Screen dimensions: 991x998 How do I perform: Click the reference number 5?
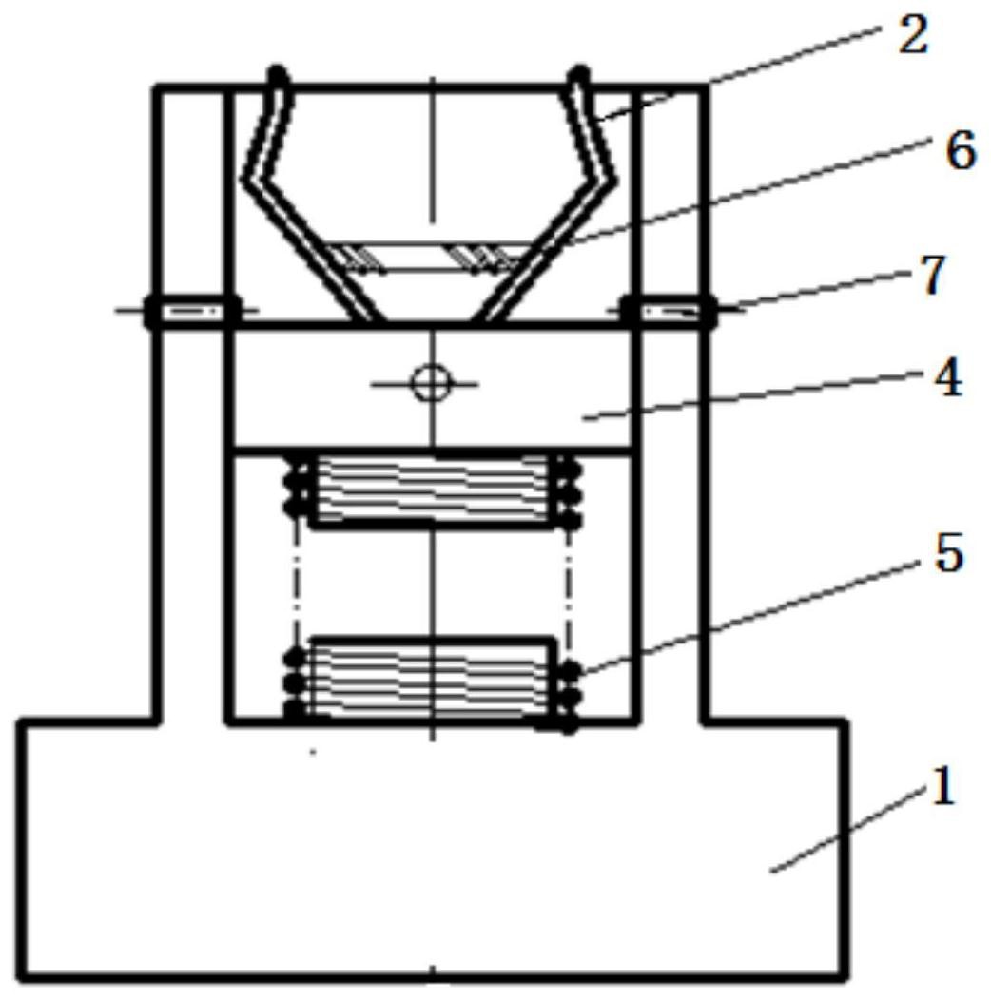coord(947,554)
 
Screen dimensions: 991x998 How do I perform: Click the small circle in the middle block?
coord(430,383)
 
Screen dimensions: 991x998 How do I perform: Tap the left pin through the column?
coord(190,311)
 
